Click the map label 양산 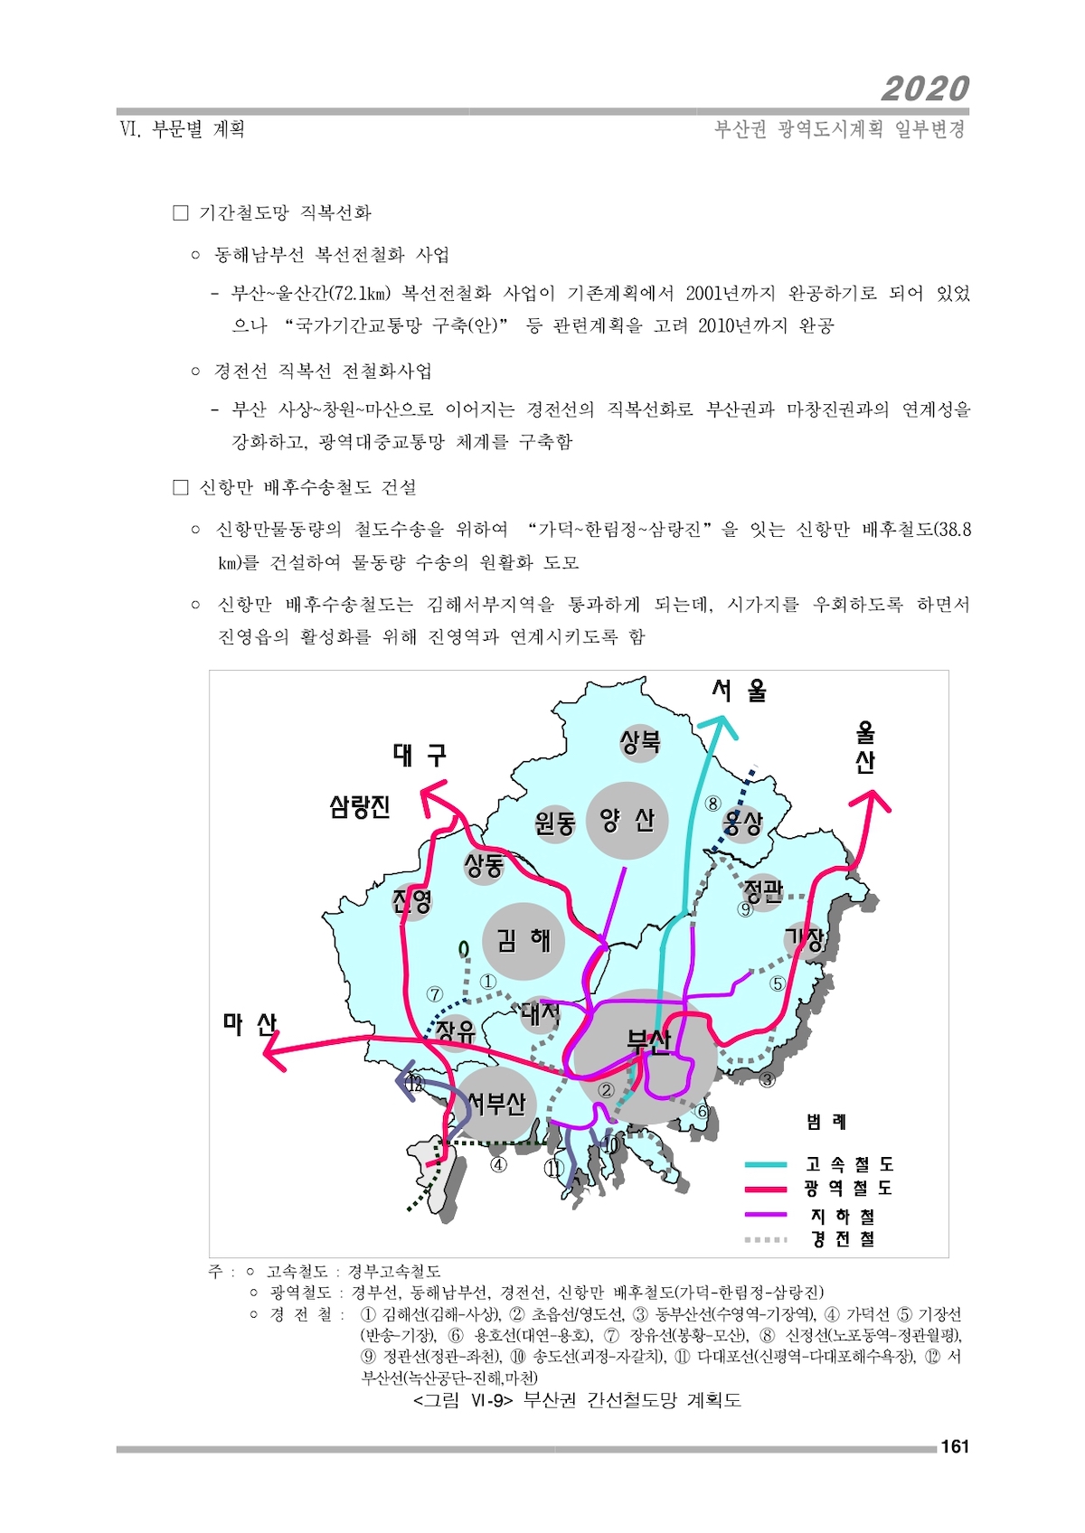click(627, 820)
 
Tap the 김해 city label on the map click(524, 940)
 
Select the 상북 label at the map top click(639, 741)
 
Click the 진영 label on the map click(412, 900)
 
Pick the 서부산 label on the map click(496, 1103)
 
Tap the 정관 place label click(763, 890)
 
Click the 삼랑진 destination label click(359, 807)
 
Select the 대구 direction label click(419, 755)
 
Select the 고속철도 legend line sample click(766, 1163)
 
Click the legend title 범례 click(826, 1121)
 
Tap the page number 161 click(955, 1446)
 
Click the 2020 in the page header click(925, 89)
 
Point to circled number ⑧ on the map click(713, 803)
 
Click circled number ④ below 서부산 click(499, 1163)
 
